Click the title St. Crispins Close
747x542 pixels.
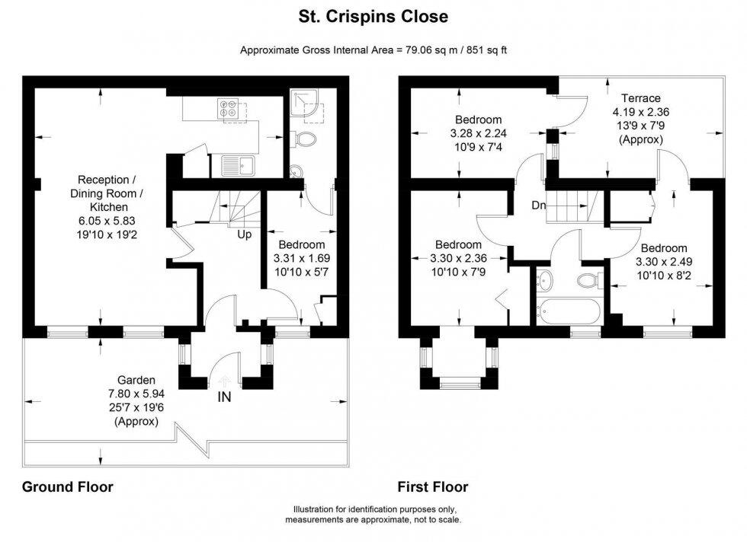(x=373, y=17)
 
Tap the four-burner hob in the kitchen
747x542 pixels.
(x=228, y=108)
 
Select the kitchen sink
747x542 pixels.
(x=238, y=166)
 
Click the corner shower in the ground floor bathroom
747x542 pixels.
(x=306, y=106)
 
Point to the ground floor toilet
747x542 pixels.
(x=304, y=139)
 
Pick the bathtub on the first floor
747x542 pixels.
(x=569, y=311)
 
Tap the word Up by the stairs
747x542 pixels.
(x=245, y=234)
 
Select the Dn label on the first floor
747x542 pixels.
(x=539, y=206)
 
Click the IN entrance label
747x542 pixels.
(x=224, y=397)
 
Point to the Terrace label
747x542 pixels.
(x=641, y=98)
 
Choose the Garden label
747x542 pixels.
(x=136, y=380)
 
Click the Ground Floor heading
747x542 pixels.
(x=68, y=486)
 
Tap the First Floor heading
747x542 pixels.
(x=433, y=486)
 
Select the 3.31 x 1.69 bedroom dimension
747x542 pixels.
(x=302, y=258)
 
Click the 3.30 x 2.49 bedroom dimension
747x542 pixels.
(x=664, y=262)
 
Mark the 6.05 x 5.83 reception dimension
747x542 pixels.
(x=107, y=221)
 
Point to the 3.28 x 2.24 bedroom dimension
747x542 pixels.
(x=479, y=134)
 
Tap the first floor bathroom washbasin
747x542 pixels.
(x=544, y=280)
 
